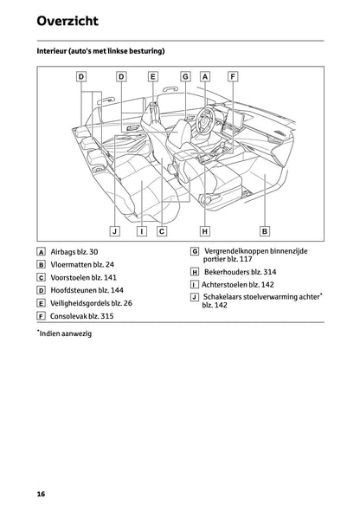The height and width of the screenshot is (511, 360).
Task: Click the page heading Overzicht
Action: (x=67, y=21)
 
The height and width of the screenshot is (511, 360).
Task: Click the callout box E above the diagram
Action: (x=153, y=76)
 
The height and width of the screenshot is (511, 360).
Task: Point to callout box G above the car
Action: (x=185, y=76)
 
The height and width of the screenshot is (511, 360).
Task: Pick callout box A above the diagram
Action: (x=205, y=76)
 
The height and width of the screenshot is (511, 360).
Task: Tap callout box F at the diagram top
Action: (x=233, y=76)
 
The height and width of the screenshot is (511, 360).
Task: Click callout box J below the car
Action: (x=115, y=231)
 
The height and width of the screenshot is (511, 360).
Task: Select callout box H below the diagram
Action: (x=205, y=231)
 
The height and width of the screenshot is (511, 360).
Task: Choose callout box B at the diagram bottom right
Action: (x=265, y=231)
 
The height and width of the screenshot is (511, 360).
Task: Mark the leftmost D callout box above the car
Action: (x=80, y=76)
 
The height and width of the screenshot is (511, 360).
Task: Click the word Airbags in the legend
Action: (x=63, y=252)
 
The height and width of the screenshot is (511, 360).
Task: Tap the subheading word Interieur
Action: (x=55, y=52)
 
